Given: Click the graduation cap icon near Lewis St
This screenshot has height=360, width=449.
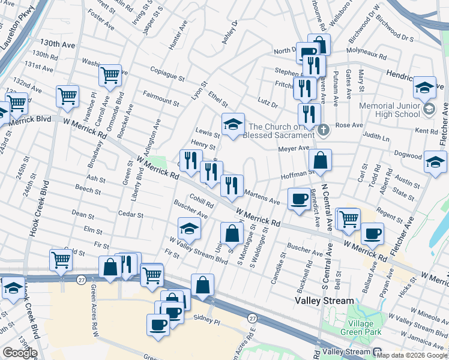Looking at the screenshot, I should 233,125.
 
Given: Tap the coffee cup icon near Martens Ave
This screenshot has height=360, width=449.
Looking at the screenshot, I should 298,199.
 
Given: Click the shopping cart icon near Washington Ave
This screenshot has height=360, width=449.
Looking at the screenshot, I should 110,76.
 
